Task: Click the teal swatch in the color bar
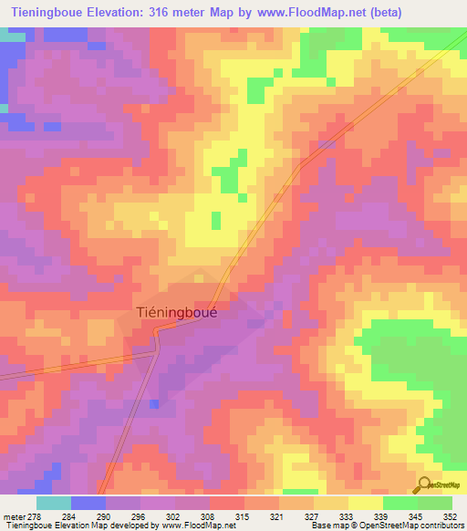tap(54, 503)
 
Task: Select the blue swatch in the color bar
tap(88, 503)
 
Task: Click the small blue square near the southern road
tap(153, 403)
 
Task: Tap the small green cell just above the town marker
tap(216, 220)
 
